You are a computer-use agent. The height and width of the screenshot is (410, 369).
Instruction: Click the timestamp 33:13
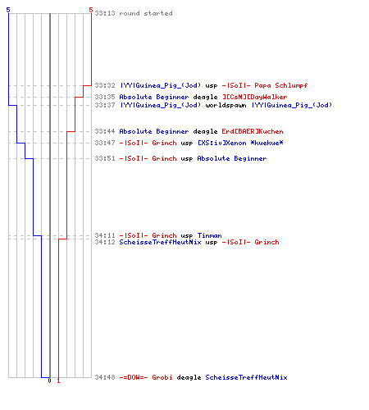[105, 13]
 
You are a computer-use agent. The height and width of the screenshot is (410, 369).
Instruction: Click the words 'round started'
[146, 13]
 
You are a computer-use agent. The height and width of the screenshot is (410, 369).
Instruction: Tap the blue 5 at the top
[8, 10]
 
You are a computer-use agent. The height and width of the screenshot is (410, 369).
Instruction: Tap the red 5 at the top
[91, 10]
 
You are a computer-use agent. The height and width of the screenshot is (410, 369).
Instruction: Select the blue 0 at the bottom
[49, 380]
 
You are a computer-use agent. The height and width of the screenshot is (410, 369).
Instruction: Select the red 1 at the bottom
[58, 380]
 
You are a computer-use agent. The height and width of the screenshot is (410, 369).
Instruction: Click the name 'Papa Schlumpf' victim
[281, 85]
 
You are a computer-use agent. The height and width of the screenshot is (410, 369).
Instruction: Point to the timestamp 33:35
[105, 97]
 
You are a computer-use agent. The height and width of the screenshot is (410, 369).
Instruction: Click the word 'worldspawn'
[225, 105]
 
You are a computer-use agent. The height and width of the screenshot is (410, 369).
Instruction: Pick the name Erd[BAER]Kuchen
[253, 131]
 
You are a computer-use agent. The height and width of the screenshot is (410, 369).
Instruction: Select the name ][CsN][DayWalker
[254, 97]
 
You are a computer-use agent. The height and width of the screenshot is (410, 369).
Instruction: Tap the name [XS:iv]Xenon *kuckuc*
[240, 143]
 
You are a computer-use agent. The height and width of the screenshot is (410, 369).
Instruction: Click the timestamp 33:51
[105, 158]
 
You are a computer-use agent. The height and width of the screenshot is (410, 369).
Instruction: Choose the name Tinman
[209, 235]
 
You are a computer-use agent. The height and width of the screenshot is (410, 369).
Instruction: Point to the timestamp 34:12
[105, 242]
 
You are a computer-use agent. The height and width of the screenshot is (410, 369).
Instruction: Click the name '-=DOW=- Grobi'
[146, 377]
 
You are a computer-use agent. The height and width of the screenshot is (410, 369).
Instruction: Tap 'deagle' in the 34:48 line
[189, 377]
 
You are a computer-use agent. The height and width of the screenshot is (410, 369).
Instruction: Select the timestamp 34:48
[105, 377]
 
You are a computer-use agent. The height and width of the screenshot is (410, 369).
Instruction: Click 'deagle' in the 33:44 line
[205, 132]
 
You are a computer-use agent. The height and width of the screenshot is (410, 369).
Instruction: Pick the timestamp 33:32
[105, 85]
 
